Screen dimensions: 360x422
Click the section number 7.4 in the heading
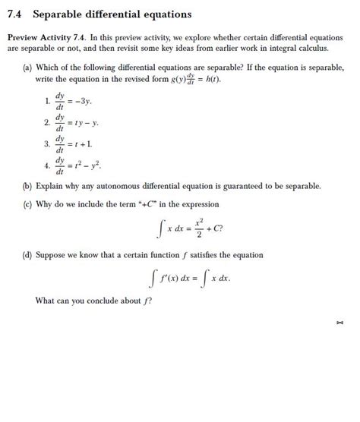(x=16, y=14)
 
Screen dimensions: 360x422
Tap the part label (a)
(x=29, y=67)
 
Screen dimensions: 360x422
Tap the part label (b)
(x=29, y=184)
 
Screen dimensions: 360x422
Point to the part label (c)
(x=29, y=203)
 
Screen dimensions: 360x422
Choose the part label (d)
(x=29, y=255)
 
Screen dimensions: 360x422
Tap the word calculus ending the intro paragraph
(x=314, y=47)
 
